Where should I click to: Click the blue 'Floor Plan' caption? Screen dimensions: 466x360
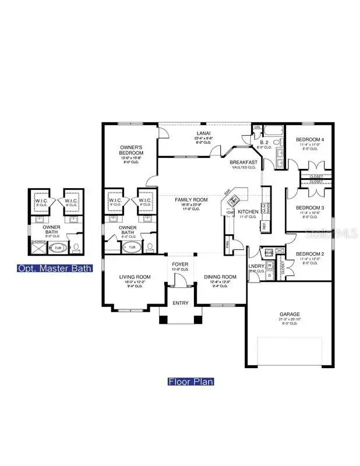coord(190,382)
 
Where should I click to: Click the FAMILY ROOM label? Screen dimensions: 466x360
coord(190,200)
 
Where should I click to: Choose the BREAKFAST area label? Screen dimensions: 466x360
coord(243,163)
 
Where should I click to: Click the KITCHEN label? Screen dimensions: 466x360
coord(248,212)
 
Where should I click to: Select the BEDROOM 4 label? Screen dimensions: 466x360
coord(309,140)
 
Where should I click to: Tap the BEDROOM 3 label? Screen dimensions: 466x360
coord(309,208)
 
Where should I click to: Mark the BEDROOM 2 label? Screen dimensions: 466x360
coord(309,254)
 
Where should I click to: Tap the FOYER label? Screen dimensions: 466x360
coord(180,264)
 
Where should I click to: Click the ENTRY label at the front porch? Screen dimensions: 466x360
coord(181,303)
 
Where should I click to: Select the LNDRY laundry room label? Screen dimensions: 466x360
coord(256,267)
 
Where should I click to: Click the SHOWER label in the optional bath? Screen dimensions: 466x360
coord(37,240)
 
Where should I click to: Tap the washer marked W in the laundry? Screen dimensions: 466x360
coord(269,264)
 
